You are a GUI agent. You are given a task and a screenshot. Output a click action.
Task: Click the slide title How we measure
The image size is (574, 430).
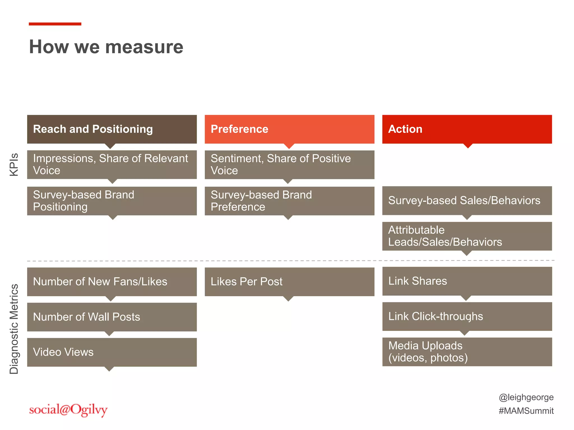pos(106,47)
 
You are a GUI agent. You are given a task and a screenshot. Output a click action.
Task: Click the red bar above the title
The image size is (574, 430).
pos(55,24)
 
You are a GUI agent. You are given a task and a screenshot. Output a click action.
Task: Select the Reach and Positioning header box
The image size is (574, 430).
pos(112,129)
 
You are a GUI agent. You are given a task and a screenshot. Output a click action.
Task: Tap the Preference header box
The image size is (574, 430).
pos(289,129)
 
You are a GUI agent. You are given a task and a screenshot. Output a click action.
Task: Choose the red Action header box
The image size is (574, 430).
pos(467,129)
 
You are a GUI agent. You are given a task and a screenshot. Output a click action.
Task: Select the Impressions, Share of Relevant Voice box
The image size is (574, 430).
pos(112,165)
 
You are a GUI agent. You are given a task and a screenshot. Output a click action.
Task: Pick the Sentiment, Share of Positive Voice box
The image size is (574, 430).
pos(289,165)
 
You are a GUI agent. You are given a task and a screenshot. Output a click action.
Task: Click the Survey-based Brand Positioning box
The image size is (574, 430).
pos(112,201)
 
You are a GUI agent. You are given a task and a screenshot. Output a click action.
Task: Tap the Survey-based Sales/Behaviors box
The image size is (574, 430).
pos(467,200)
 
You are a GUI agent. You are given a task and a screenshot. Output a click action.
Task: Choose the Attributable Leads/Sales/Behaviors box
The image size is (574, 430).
pos(467,236)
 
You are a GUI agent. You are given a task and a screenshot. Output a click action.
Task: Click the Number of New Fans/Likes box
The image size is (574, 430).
pos(112,282)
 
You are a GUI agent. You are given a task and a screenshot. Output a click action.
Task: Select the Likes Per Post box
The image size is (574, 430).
pos(289,282)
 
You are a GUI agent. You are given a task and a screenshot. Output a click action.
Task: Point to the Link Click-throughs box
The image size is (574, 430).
pos(467,316)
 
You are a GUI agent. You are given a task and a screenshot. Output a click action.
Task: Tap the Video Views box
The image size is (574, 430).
pos(112,352)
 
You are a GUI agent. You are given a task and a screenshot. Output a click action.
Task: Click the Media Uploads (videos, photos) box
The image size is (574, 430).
pos(467,352)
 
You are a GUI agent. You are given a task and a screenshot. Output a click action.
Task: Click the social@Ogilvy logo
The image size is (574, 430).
pos(68,410)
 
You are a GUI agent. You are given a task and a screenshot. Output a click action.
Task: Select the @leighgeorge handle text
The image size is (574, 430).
pos(526,397)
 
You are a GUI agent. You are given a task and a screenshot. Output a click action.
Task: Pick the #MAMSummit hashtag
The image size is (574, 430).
pos(526,411)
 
